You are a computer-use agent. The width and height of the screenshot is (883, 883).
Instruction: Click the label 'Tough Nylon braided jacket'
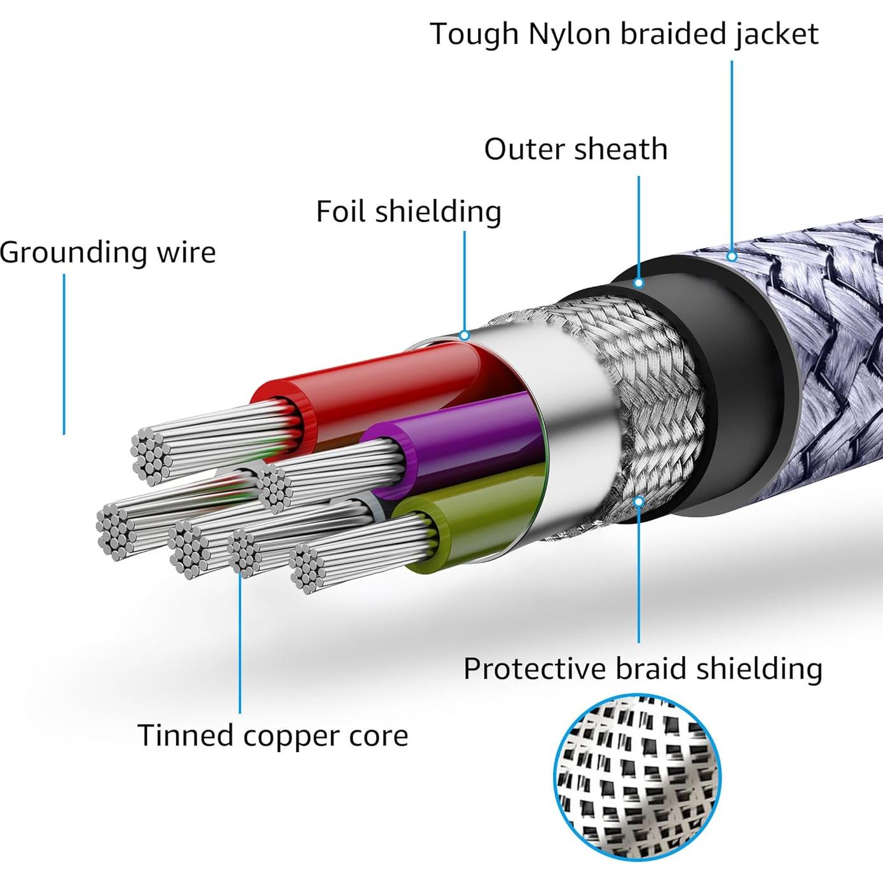(624, 34)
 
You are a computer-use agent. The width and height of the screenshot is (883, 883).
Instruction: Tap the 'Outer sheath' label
(575, 149)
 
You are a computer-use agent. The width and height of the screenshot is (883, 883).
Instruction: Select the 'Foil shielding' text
(409, 211)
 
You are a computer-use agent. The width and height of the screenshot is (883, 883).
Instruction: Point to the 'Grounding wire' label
(108, 252)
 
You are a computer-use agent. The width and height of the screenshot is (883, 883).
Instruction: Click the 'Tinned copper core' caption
(273, 736)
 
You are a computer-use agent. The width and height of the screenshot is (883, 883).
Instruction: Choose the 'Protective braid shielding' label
(643, 669)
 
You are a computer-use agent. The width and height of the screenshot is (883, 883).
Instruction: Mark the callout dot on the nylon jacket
(732, 257)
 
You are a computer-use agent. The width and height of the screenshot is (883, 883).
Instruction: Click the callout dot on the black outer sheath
(639, 282)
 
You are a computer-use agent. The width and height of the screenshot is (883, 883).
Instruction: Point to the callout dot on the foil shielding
(465, 335)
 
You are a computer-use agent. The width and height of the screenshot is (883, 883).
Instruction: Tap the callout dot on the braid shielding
(639, 502)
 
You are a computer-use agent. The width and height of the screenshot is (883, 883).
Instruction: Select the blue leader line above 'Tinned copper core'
(240, 642)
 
